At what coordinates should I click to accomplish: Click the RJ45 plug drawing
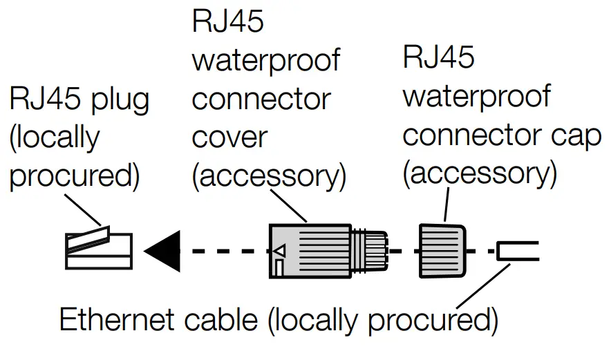(98, 249)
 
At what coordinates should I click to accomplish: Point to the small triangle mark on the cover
(279, 249)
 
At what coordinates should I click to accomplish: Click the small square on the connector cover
(279, 266)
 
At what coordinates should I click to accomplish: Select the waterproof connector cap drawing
(441, 250)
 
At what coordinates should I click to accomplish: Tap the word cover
(229, 137)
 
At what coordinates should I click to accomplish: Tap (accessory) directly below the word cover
(269, 176)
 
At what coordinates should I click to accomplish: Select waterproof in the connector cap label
(476, 95)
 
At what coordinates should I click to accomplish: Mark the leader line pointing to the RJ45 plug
(82, 211)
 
